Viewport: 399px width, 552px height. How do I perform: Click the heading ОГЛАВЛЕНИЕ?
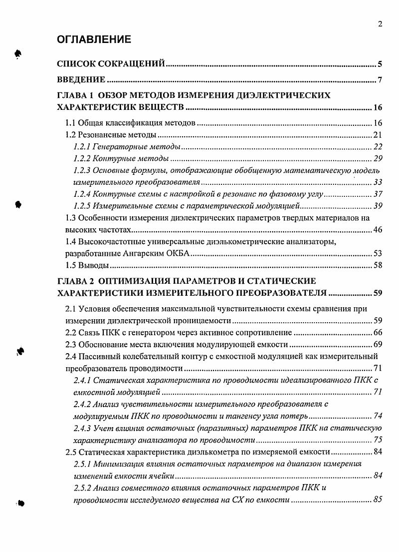[94, 39]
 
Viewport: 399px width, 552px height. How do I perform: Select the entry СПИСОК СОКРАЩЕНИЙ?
[111, 64]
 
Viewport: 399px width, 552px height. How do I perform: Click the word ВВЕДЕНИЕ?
[81, 80]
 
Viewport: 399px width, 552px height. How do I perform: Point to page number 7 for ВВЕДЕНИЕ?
[380, 80]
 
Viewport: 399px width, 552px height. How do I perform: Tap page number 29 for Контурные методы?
[378, 158]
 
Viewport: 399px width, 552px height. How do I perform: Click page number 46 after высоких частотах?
[378, 230]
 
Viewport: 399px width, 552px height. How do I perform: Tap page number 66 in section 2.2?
[378, 333]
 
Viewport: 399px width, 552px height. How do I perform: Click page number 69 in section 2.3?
[378, 345]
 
